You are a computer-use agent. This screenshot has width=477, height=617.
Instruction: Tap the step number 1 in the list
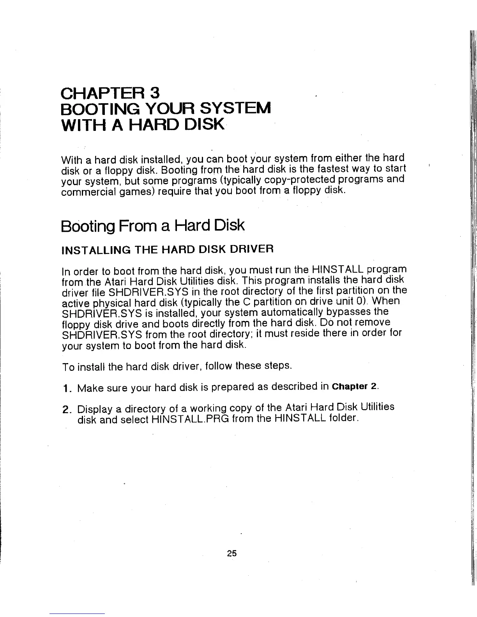point(66,388)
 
